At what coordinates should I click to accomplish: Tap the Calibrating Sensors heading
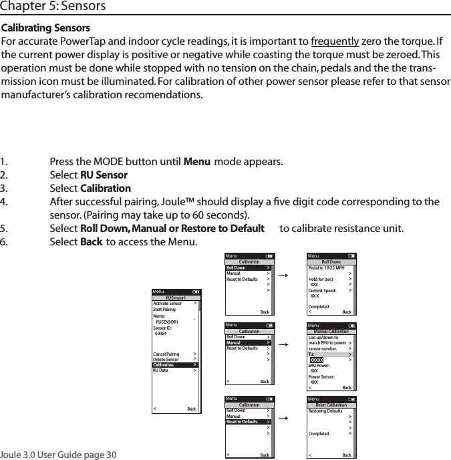pyautogui.click(x=47, y=29)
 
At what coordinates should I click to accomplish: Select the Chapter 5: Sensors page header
pyautogui.click(x=53, y=7)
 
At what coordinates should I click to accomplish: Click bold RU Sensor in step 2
pyautogui.click(x=104, y=175)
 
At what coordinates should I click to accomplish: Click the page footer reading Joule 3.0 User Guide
pyautogui.click(x=59, y=455)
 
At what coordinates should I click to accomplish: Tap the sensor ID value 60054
pyautogui.click(x=161, y=333)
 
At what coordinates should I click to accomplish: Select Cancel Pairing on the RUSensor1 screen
pyautogui.click(x=166, y=354)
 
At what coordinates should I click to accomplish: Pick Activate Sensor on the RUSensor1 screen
pyautogui.click(x=167, y=304)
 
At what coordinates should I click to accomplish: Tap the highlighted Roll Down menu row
pyautogui.click(x=248, y=268)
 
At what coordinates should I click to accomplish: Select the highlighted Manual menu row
pyautogui.click(x=248, y=343)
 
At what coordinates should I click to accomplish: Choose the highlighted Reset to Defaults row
pyautogui.click(x=248, y=422)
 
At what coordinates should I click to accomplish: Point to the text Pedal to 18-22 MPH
pyautogui.click(x=326, y=268)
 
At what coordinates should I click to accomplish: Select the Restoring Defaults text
pyautogui.click(x=325, y=411)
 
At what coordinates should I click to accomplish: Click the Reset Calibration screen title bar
pyautogui.click(x=331, y=405)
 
